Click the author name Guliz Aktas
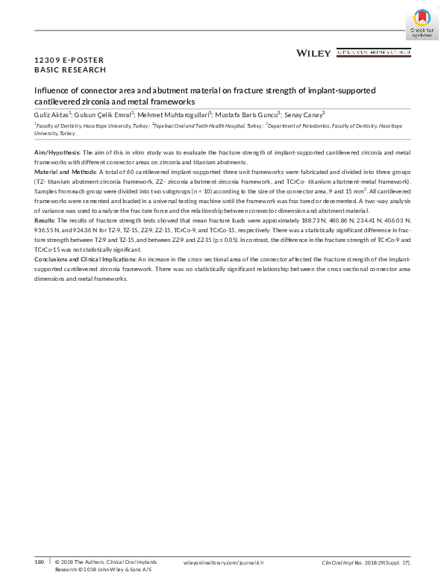51,115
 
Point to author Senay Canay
304,115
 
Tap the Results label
46,222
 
